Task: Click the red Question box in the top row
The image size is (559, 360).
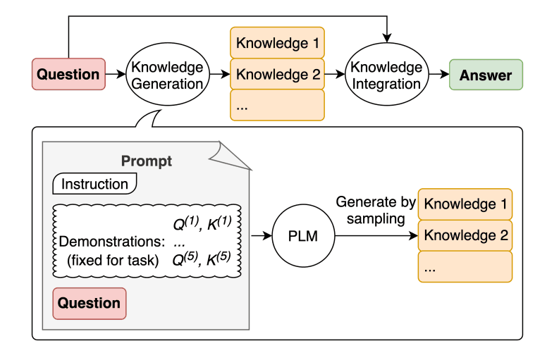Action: tap(68, 74)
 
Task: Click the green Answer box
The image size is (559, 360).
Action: tap(486, 75)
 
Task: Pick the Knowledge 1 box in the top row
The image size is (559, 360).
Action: tap(277, 43)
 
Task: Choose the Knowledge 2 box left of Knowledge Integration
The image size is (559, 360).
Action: tap(277, 74)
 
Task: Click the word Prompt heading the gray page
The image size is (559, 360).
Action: tap(147, 161)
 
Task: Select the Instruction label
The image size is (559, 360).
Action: tap(95, 185)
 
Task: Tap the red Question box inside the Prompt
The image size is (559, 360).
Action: tap(89, 303)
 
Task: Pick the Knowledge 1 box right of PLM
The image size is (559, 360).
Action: tap(465, 204)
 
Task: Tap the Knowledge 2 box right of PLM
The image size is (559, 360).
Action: tap(465, 235)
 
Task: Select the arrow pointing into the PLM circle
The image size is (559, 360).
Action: tap(262, 236)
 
